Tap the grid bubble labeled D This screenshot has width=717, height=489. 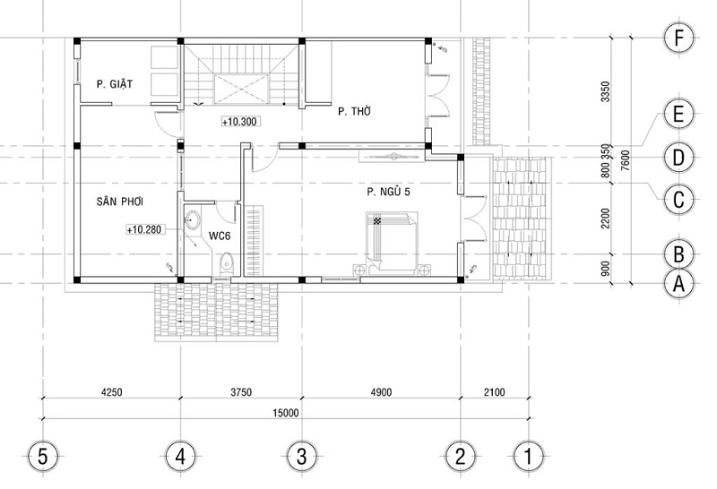(678, 158)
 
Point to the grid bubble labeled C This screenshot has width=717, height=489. (678, 198)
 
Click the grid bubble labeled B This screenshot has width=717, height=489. (678, 254)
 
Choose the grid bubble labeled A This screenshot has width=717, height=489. (678, 284)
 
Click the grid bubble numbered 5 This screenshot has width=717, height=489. (42, 456)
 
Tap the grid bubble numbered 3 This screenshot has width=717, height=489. (302, 456)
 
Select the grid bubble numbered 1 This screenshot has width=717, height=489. (529, 456)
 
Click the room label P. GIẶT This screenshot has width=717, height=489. (115, 85)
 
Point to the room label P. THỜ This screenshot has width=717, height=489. (355, 112)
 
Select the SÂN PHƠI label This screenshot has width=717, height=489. (121, 202)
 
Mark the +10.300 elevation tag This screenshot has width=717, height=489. (239, 121)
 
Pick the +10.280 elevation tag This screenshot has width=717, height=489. (144, 230)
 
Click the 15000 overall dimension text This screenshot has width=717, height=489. (287, 412)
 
